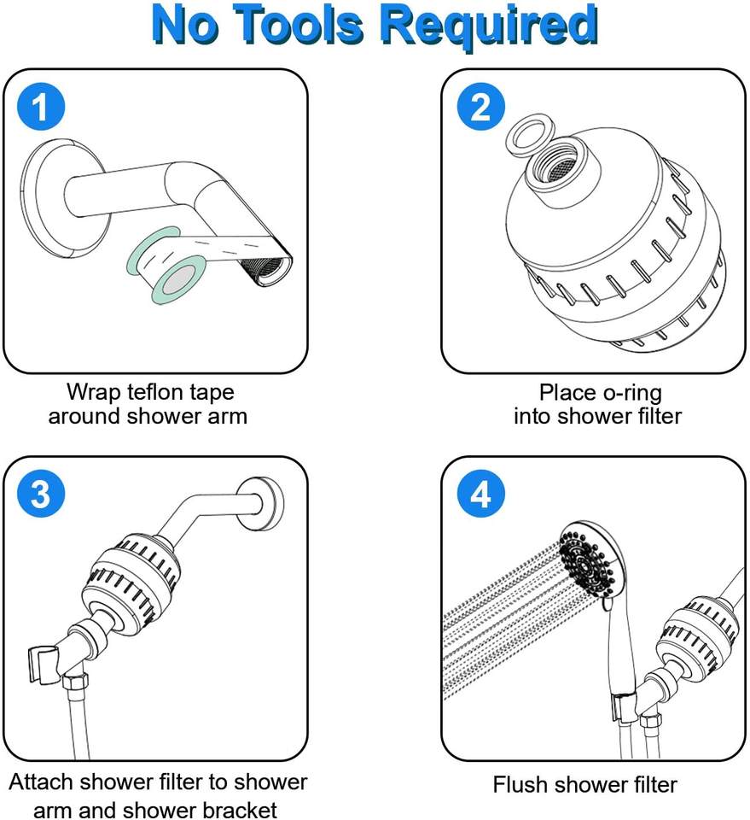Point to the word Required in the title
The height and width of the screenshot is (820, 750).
489,26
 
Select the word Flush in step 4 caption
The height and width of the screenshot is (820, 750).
522,784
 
